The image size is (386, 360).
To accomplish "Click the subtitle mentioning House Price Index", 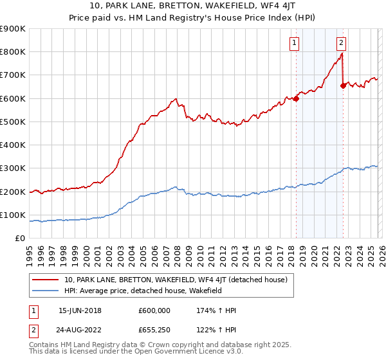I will tap(193, 17).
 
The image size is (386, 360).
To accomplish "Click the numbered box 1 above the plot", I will tap(295, 43).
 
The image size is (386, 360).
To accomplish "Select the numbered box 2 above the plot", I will tap(341, 43).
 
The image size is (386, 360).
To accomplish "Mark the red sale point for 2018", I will tap(296, 98).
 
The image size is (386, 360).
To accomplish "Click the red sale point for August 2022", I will tap(343, 85).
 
